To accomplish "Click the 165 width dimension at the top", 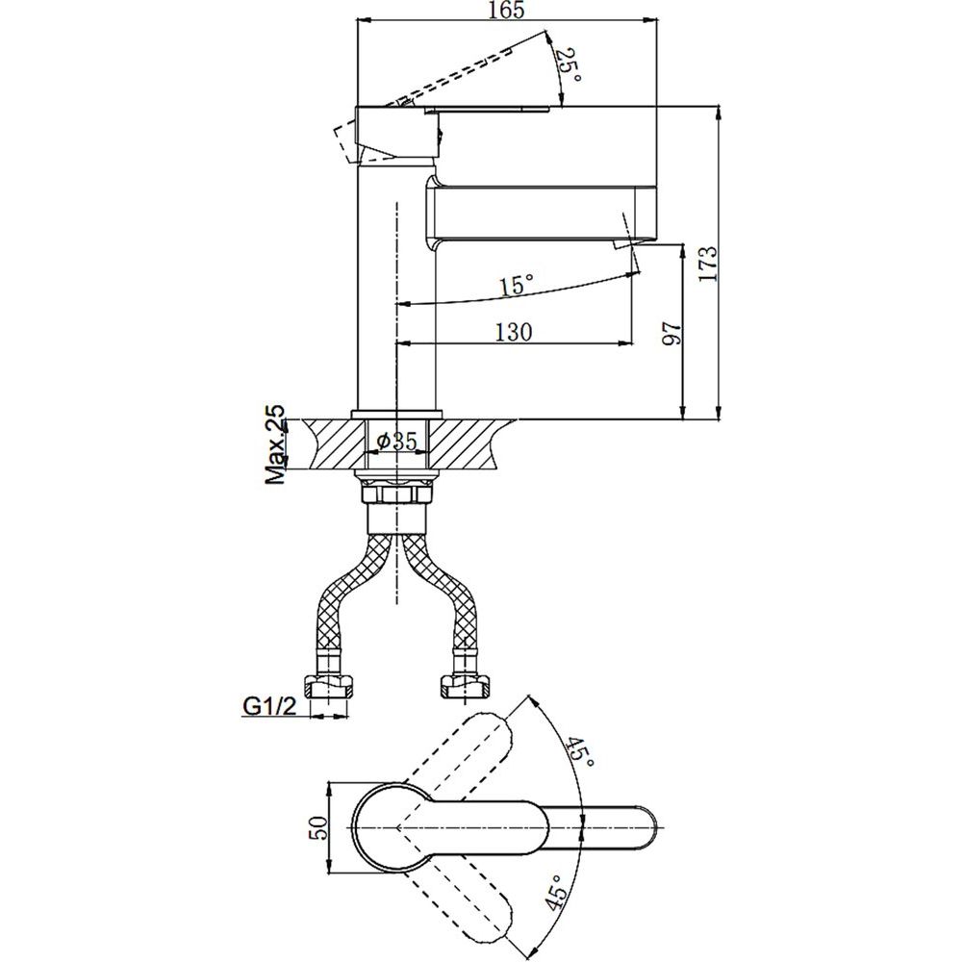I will [x=506, y=12].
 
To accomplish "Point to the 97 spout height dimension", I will [x=672, y=333].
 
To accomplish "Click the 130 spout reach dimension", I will [x=514, y=332].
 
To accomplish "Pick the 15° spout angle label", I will [x=516, y=285].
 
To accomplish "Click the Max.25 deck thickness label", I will [x=276, y=444].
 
